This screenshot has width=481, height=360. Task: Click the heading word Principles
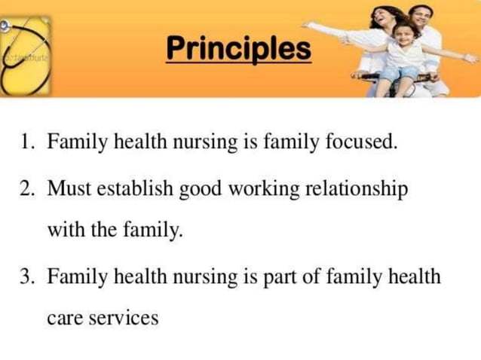pyautogui.click(x=238, y=50)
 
